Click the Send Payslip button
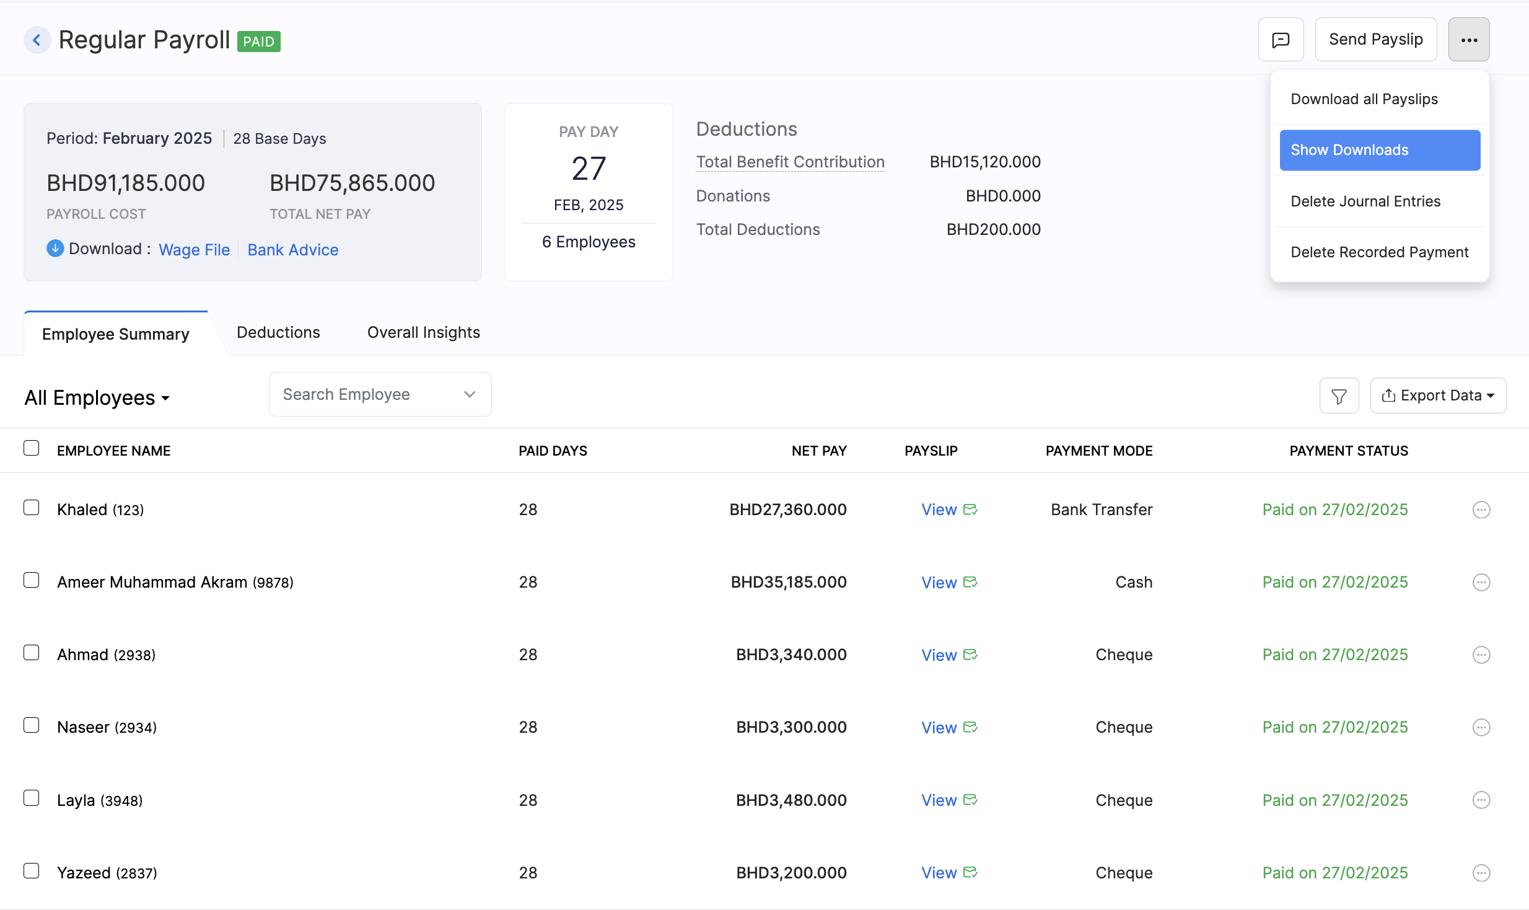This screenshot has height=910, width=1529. coord(1375,40)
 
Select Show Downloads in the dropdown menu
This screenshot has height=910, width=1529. coord(1379,150)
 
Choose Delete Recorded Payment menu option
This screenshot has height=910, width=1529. coord(1379,252)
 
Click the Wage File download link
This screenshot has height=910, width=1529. coord(194,250)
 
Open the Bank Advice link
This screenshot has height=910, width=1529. coord(292,250)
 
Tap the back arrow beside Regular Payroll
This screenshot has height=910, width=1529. coord(37,40)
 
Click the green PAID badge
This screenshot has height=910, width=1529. coord(258,42)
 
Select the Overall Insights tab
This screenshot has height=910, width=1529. coord(423,333)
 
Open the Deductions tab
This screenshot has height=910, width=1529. coord(278,333)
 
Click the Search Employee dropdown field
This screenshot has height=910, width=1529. coord(379,394)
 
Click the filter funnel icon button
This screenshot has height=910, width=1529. coord(1339,396)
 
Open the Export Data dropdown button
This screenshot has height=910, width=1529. coord(1437,395)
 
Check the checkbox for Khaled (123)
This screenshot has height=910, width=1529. coord(32,508)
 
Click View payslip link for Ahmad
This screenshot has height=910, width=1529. coord(939,655)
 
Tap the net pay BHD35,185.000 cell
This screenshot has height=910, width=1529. coord(788,582)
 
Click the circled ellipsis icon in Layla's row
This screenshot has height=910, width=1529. coord(1481,800)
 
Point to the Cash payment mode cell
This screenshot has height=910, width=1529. coord(1133,582)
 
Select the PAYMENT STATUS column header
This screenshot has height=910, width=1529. coord(1348,451)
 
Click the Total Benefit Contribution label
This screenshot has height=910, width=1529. coord(790,162)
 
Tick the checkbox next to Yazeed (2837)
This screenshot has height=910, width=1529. coord(32,871)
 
